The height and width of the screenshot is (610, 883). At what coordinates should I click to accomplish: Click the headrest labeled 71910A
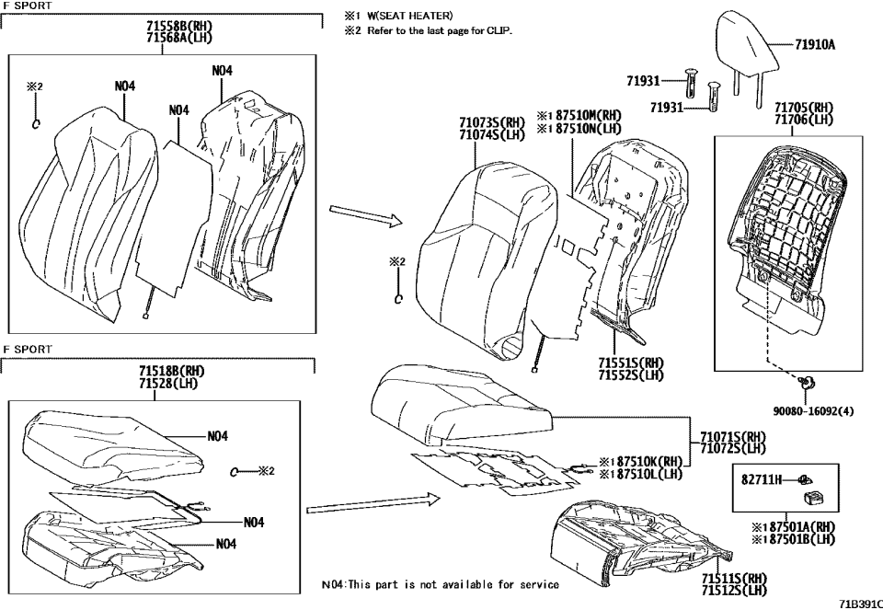tap(742, 46)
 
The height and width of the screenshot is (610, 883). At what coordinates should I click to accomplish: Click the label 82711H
tap(762, 480)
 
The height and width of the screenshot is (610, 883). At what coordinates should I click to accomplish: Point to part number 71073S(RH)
tap(492, 121)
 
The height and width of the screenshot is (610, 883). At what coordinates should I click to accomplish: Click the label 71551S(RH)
tap(630, 363)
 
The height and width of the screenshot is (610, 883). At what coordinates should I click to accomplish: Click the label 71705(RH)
tap(805, 108)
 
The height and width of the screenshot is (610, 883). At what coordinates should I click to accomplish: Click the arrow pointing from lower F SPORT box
tap(368, 503)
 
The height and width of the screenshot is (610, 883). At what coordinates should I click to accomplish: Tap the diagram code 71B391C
tap(859, 603)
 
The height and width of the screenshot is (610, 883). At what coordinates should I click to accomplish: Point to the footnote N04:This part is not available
tap(440, 584)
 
